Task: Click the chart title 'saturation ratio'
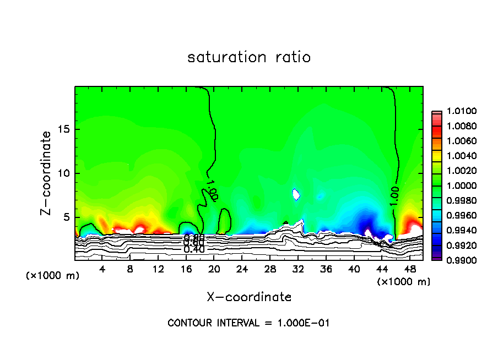pyautogui.click(x=249, y=57)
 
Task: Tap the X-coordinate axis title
pyautogui.click(x=249, y=297)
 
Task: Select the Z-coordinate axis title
pyautogui.click(x=47, y=173)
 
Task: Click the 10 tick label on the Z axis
pyautogui.click(x=62, y=173)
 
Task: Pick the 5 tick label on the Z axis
pyautogui.click(x=65, y=217)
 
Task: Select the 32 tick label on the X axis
pyautogui.click(x=298, y=269)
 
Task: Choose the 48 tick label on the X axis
pyautogui.click(x=409, y=269)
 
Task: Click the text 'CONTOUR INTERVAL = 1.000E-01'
pyautogui.click(x=248, y=323)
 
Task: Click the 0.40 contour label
pyautogui.click(x=194, y=249)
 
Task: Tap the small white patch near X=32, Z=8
pyautogui.click(x=296, y=194)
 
